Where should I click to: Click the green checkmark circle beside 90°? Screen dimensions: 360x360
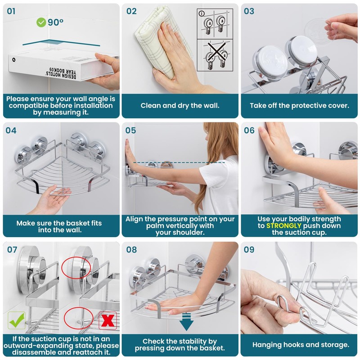click(x=41, y=22)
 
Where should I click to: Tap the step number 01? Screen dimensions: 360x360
click(x=11, y=11)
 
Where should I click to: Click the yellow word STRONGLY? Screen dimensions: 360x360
click(x=283, y=226)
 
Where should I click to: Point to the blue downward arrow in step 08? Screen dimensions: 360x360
click(x=186, y=322)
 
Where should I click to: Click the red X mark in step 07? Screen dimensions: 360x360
click(x=108, y=320)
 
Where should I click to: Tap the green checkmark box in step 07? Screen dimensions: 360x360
click(x=17, y=320)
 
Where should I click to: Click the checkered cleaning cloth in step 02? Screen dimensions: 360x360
click(x=162, y=41)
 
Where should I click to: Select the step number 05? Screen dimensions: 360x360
click(x=130, y=130)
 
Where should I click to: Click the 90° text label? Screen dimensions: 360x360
click(x=55, y=22)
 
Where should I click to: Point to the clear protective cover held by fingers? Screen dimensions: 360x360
click(x=317, y=30)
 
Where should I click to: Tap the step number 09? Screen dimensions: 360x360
click(x=249, y=250)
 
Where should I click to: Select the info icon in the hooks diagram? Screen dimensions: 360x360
click(x=201, y=13)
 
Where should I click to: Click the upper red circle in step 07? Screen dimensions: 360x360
click(x=76, y=268)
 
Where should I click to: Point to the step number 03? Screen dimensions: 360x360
click(x=249, y=11)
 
